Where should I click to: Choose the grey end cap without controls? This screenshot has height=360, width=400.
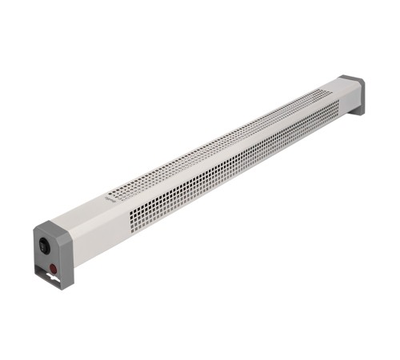click(352, 91)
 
